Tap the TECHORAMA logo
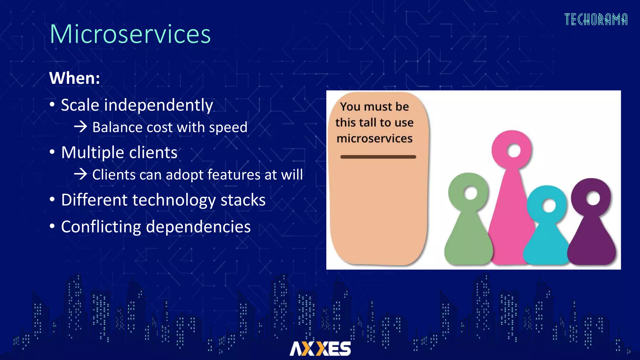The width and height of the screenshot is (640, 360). [x=596, y=20]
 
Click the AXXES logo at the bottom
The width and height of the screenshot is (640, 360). [x=320, y=348]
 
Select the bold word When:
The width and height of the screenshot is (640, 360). [x=74, y=78]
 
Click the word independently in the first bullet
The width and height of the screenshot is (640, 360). [x=158, y=105]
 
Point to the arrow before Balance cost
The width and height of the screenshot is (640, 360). [x=81, y=127]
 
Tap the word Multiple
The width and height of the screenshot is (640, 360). [x=92, y=153]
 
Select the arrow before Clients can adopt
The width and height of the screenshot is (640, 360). [x=81, y=174]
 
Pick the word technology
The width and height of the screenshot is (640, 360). [x=174, y=200]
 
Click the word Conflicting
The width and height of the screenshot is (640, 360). [x=101, y=227]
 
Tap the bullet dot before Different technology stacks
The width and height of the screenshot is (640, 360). [x=52, y=199]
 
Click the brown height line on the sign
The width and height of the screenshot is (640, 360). [x=378, y=157]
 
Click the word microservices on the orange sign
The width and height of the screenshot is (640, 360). [x=374, y=138]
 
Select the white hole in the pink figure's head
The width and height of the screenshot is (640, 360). [x=513, y=151]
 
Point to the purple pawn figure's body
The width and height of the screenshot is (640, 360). [x=591, y=241]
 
